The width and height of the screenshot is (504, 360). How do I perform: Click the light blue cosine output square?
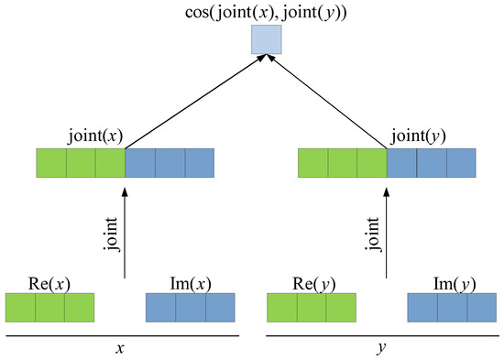pyautogui.click(x=267, y=39)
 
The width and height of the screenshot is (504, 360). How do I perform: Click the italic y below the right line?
pyautogui.click(x=381, y=349)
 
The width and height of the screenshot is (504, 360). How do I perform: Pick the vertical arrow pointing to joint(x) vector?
pyautogui.click(x=125, y=229)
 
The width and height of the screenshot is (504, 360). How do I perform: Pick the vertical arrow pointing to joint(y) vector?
pyautogui.click(x=387, y=229)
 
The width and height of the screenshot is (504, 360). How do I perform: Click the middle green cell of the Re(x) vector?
pyautogui.click(x=50, y=307)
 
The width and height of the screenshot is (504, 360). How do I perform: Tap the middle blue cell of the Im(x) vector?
pyautogui.click(x=191, y=307)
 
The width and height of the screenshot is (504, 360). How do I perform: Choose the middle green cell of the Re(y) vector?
pyautogui.click(x=311, y=307)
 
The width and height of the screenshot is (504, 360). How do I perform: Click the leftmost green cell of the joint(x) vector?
pyautogui.click(x=50, y=163)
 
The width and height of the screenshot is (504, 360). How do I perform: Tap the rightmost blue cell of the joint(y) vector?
pyautogui.click(x=461, y=163)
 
